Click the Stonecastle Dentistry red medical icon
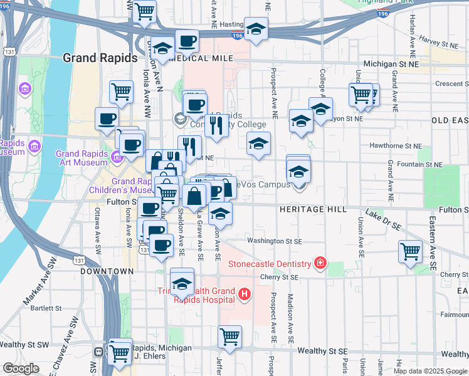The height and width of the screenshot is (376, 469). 320,263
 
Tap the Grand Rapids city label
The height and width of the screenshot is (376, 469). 100,58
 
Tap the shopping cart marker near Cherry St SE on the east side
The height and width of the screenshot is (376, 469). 410,252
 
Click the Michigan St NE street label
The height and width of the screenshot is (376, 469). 392,64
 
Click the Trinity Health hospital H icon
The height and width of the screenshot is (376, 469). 245,293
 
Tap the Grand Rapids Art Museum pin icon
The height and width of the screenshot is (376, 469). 117,154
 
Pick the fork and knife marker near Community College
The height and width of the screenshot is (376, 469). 216,125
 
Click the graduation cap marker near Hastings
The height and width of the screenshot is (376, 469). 256,29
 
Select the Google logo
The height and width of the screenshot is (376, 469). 21,368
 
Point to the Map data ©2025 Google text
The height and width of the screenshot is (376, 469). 429,370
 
